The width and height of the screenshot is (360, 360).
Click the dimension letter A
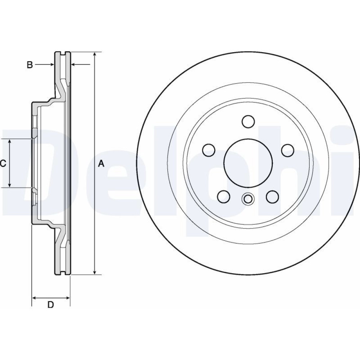(x=101, y=164)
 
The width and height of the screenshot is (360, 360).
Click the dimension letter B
(x=30, y=65)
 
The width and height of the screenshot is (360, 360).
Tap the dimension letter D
(x=50, y=305)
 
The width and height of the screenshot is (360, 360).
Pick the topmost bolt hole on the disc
(x=248, y=121)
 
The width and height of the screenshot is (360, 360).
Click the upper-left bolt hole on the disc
(x=209, y=150)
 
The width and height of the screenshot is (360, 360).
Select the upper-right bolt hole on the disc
(x=288, y=150)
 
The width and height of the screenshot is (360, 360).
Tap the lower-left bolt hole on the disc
(x=224, y=197)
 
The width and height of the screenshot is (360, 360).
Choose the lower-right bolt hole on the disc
(x=273, y=197)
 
